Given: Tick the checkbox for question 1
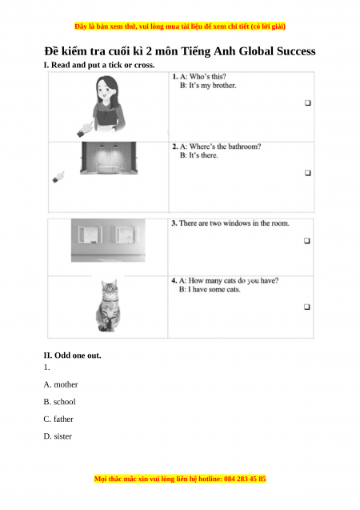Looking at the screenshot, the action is pos(308,102).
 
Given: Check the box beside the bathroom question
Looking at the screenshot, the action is pos(308,173).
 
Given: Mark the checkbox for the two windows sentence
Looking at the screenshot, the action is pos(307,241).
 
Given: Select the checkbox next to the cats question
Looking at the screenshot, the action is pos(307,307).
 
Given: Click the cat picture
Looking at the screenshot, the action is pos(109,306).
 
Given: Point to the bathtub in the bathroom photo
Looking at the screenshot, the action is pos(108,169).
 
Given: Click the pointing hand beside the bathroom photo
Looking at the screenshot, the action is pos(58,177).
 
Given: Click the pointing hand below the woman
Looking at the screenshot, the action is pos(85,129).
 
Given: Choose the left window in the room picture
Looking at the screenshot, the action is pos(90,234).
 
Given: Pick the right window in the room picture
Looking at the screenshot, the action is pos(127,234).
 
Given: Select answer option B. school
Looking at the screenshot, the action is pos(59,402).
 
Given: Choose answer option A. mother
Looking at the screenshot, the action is pos(61,384).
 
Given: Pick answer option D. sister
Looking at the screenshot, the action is pos(58,436).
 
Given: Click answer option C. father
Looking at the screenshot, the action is pos(58,419).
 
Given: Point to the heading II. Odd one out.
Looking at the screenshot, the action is pos(73,355).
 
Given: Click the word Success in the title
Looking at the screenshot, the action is pos(296,51).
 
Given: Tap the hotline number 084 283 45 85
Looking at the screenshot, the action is pos(245,479).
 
